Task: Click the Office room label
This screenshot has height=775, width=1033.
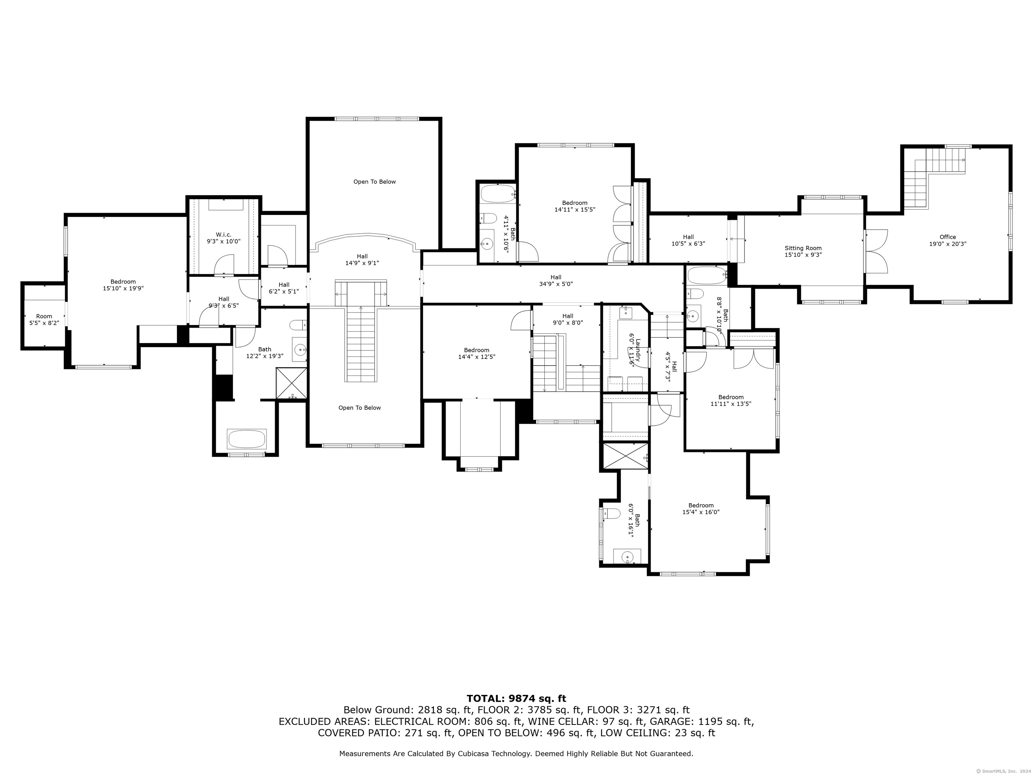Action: pos(948,240)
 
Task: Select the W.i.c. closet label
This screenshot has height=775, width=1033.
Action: pos(224,238)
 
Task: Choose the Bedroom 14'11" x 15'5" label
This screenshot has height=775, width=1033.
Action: pos(574,206)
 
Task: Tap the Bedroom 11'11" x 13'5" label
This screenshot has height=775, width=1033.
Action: pos(731,400)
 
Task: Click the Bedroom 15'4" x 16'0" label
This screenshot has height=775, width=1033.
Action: pos(701,508)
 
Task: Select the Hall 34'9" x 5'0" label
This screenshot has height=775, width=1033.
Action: pos(556,280)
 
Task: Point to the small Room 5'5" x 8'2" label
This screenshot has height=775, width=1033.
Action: pos(44,320)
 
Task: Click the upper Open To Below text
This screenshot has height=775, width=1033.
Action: pos(375,182)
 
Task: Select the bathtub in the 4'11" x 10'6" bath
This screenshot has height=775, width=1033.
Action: pos(498,194)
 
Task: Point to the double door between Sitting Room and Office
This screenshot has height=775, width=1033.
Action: pos(876,251)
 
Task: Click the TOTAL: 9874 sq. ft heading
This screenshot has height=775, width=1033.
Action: pos(516,698)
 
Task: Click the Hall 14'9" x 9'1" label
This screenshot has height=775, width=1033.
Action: pos(362,259)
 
